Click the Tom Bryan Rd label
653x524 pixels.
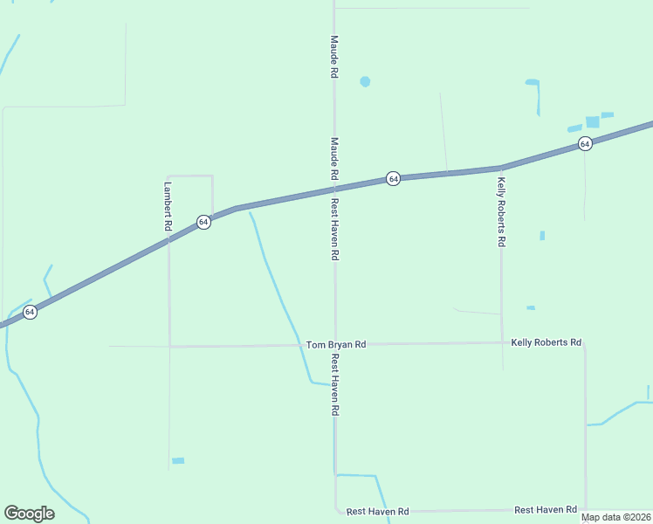tap(336, 345)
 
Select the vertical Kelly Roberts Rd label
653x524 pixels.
tap(501, 212)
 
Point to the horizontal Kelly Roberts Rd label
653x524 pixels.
tap(546, 342)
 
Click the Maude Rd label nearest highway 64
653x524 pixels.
tap(333, 158)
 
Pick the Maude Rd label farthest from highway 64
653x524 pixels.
tap(333, 57)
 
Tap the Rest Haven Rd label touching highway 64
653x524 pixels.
tap(333, 230)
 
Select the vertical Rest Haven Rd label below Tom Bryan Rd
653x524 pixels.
tap(333, 384)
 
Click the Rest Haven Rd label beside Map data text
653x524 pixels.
tap(546, 509)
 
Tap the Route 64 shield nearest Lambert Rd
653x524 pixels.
tap(203, 222)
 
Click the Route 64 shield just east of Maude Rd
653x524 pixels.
tap(394, 178)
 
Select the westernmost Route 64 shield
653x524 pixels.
tap(30, 312)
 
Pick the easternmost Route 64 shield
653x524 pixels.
tap(585, 143)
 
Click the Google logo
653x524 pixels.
tap(29, 513)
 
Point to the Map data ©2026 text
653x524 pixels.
tap(615, 517)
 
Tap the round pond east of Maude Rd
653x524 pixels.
tap(365, 81)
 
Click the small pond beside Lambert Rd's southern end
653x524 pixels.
tap(178, 460)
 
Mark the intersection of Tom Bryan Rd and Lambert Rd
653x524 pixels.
tap(169, 347)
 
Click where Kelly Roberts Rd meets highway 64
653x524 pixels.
tap(500, 167)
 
